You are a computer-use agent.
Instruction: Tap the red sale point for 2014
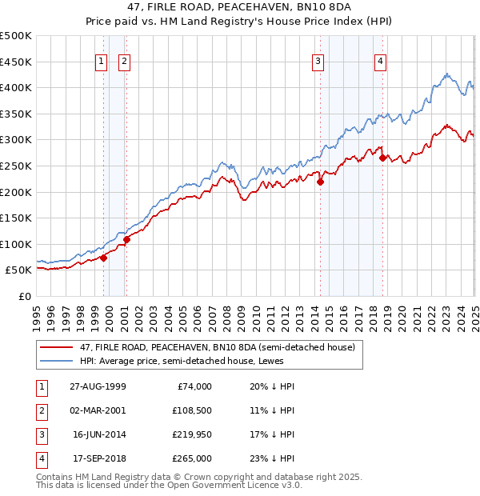pyautogui.click(x=320, y=182)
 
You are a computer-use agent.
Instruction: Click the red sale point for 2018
pyautogui.click(x=382, y=158)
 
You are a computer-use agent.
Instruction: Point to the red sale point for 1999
pyautogui.click(x=104, y=258)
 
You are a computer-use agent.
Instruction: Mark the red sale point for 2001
pyautogui.click(x=126, y=239)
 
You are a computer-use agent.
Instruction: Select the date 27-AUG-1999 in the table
pyautogui.click(x=98, y=386)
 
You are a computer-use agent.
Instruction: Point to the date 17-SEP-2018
pyautogui.click(x=98, y=458)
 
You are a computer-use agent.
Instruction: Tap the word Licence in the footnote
pyautogui.click(x=237, y=485)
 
